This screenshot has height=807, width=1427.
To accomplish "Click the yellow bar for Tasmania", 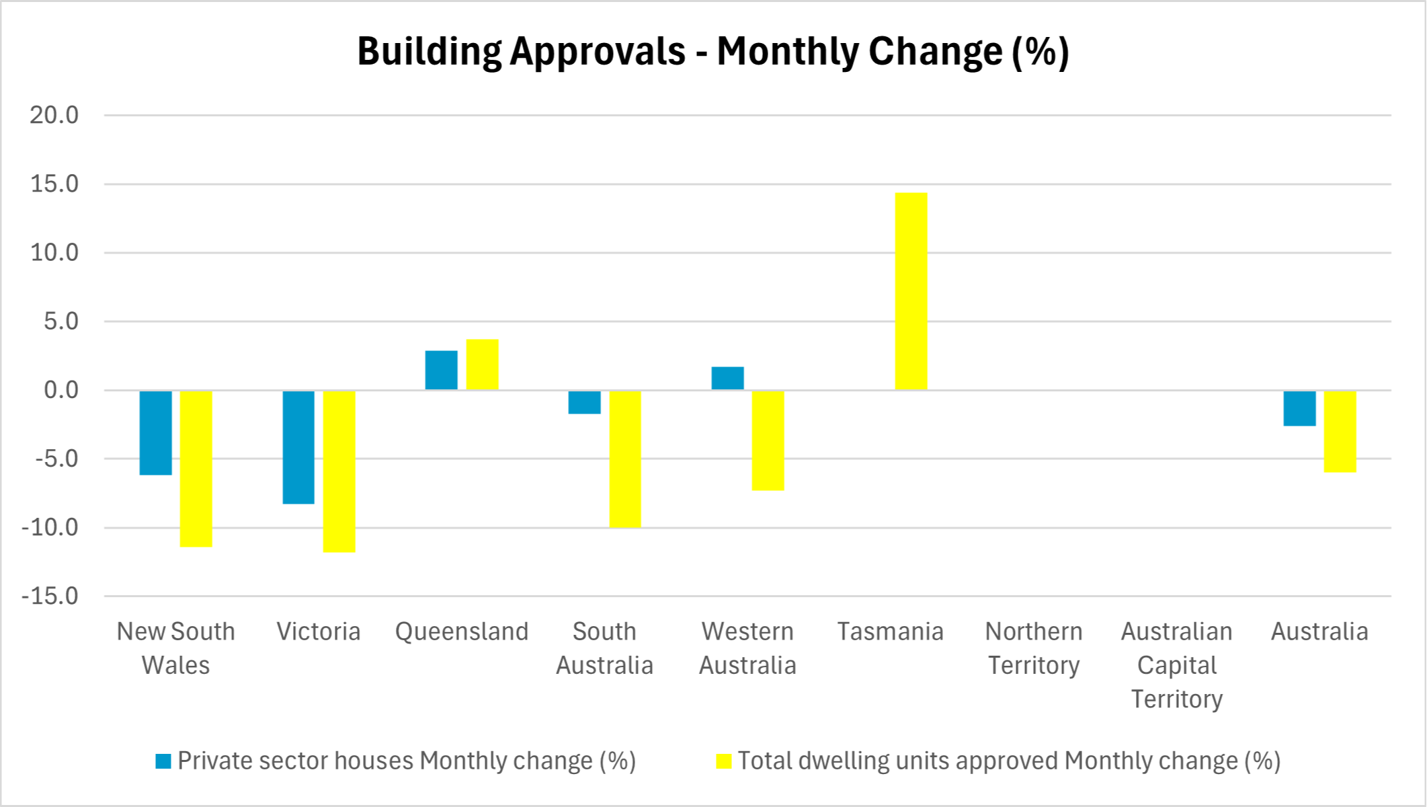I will coord(911,291).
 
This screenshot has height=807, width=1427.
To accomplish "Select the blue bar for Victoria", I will coord(298,447).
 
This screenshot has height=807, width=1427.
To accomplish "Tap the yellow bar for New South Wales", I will coord(196,468).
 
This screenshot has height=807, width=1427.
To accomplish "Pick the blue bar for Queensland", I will coord(441,370).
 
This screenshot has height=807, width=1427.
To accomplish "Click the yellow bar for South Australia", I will coord(625,459).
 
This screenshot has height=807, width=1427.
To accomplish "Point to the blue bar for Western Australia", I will coord(727,378).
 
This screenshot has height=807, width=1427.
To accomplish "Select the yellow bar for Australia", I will coord(1340,431).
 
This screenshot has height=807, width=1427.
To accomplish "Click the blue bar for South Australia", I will coord(584,401).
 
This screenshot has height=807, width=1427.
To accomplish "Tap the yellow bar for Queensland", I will coord(482,364).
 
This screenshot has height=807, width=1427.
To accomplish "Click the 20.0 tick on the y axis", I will coord(54,115).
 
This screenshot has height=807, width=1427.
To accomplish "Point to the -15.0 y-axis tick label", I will coord(50,596).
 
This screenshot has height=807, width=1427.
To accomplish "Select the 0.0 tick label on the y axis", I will coord(60,390).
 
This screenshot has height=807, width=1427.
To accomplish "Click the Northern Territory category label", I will coord(1034,648).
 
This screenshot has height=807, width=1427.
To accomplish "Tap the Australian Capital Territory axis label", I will coord(1176,665).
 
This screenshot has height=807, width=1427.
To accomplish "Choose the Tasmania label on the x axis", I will coord(890,631).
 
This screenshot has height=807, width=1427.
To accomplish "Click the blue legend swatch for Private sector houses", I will coord(163,761).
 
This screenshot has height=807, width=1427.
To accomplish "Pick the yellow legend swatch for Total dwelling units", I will coord(723,761).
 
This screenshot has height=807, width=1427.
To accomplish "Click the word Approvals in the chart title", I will coord(597,51).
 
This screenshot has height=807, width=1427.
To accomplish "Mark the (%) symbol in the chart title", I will coord(1041,51).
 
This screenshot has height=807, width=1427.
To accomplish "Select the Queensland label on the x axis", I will coord(462,631).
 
